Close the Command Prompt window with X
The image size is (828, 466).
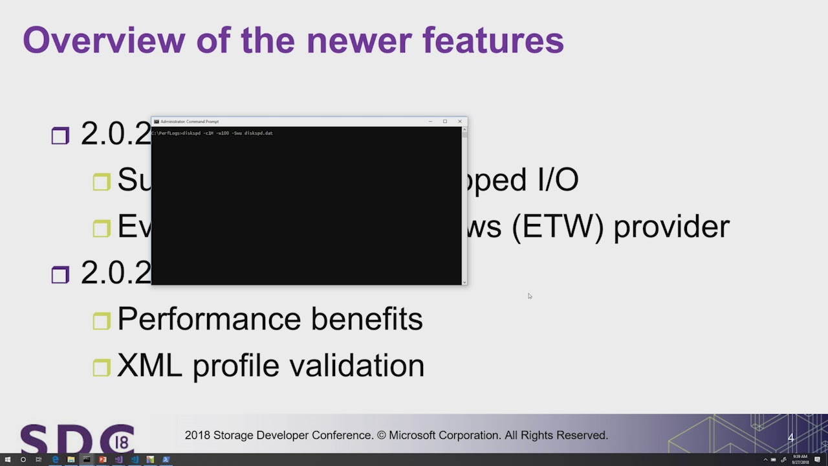click(460, 121)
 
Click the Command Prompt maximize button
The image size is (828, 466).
click(445, 121)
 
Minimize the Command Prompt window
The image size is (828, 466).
click(430, 121)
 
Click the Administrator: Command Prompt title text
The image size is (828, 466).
click(190, 121)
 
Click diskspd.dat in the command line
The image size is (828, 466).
click(258, 133)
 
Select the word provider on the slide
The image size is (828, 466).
click(671, 227)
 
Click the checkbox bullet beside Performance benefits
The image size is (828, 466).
click(102, 321)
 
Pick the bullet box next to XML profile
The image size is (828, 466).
click(102, 368)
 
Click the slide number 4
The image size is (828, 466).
click(790, 438)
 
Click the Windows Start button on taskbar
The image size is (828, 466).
click(7, 460)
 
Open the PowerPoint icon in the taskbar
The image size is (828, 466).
click(102, 460)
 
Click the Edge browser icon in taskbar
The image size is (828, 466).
click(55, 460)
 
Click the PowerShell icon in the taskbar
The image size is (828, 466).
click(166, 460)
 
